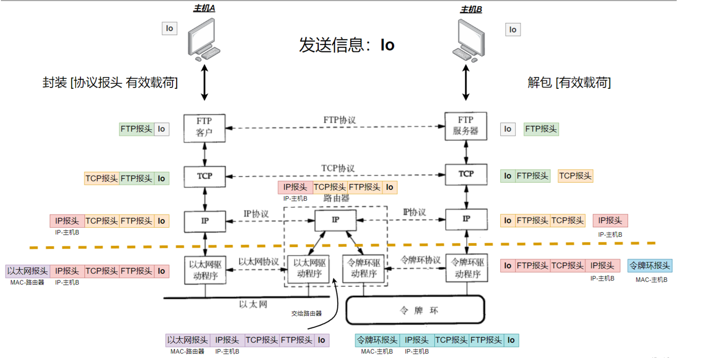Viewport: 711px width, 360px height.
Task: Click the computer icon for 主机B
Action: pos(469,41)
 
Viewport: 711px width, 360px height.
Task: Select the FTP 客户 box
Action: pos(204,128)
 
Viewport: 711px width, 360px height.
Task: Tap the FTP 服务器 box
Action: pos(465,126)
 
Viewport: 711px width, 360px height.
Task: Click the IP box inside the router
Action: pos(335,220)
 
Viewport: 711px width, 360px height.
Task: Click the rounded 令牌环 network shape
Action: pos(415,310)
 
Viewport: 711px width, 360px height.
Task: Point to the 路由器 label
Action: pos(336,198)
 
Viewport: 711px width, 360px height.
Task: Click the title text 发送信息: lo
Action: pos(346,45)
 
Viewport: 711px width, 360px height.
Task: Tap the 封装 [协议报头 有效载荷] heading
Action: pos(110,83)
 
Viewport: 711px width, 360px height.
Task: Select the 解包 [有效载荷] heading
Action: pos(569,83)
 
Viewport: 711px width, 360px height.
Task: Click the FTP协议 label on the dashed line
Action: pos(339,120)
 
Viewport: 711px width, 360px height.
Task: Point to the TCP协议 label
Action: pos(338,168)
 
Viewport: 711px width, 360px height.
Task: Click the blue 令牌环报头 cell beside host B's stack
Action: pos(650,266)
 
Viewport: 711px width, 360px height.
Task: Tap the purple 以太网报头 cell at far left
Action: pos(28,271)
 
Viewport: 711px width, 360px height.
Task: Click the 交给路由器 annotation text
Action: pos(306,314)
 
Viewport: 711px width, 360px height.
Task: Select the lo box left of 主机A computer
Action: pos(169,28)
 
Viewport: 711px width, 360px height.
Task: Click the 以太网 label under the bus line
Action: pos(253,305)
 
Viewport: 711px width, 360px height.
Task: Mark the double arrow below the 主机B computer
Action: pos(466,82)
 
